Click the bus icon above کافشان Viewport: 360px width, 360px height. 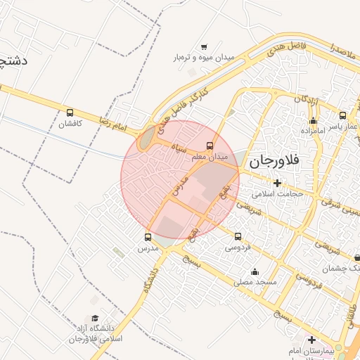tap(70, 112)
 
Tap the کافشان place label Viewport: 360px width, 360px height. tap(70, 124)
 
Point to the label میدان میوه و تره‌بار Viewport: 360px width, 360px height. tap(204, 57)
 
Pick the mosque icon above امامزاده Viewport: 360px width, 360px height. tap(313, 121)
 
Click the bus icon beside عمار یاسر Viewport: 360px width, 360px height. tap(342, 115)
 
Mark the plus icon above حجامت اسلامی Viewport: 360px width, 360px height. tap(278, 183)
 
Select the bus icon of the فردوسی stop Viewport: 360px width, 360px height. tap(238, 236)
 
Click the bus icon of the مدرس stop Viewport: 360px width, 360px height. tap(148, 237)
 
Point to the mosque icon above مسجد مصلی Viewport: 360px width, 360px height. tap(255, 271)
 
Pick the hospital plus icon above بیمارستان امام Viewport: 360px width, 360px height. tap(311, 340)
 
